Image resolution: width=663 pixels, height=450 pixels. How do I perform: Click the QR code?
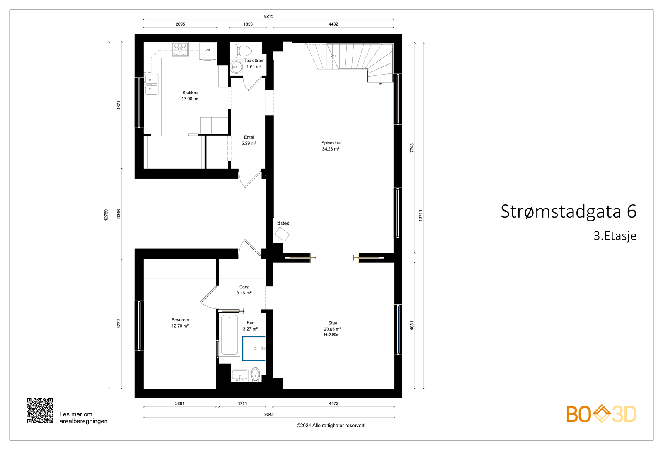coord(40,411)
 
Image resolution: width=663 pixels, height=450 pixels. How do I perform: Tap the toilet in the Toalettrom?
coord(241,51)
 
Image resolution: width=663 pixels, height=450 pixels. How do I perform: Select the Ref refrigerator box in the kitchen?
coord(208,50)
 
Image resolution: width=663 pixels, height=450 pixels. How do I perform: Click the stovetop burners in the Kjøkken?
coord(180,49)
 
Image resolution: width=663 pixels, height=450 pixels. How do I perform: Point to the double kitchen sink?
coord(151,85)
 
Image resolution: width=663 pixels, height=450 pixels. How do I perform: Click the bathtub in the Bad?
coord(230,335)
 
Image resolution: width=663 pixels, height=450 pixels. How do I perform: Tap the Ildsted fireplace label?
coord(282,223)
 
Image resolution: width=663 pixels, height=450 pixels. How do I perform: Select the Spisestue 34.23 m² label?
coord(331,146)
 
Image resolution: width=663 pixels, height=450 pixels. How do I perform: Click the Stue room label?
coord(333,323)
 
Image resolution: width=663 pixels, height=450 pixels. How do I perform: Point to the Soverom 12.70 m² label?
coord(180,323)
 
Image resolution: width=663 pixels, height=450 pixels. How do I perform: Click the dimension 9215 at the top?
coord(269,16)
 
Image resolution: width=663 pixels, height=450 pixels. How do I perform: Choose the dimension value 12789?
coord(106,215)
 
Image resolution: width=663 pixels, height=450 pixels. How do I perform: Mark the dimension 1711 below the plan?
coord(242,403)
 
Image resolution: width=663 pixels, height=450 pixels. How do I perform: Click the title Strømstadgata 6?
coord(568,212)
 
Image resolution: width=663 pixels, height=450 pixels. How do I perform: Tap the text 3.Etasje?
coord(615,236)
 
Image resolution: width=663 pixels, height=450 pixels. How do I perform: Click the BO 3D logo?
coord(601,414)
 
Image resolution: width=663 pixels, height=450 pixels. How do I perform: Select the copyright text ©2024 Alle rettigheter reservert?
coord(330,426)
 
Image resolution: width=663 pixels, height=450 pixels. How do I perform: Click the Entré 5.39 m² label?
coord(249,140)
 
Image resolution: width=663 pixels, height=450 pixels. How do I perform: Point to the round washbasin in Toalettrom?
coord(237,67)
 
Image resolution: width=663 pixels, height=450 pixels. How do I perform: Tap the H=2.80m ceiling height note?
coord(331,335)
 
